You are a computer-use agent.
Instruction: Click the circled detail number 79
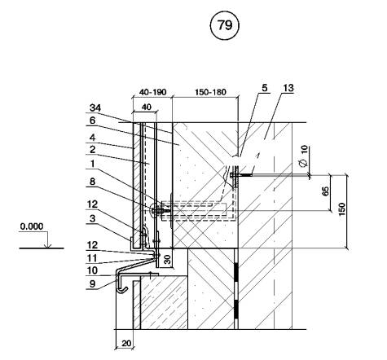(x=225, y=25)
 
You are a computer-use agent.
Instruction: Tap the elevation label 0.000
(x=32, y=226)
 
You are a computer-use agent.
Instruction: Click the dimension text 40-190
(x=152, y=92)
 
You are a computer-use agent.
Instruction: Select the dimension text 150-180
(x=210, y=92)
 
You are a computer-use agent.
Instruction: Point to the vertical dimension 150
(x=342, y=209)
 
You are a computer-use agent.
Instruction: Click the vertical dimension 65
(x=325, y=191)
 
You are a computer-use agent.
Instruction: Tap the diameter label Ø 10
(x=304, y=156)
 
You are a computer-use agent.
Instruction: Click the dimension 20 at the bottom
(x=126, y=344)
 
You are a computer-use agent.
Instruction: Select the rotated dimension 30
(x=168, y=259)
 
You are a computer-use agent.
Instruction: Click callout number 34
(x=95, y=108)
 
